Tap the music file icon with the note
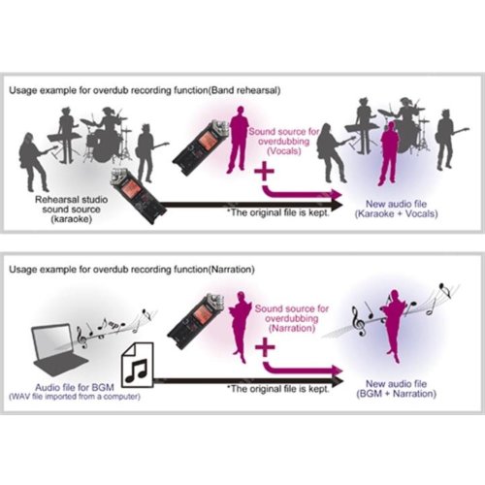click(x=137, y=365)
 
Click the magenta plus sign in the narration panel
click(x=265, y=347)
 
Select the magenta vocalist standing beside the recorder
click(x=239, y=140)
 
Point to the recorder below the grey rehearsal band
click(x=139, y=196)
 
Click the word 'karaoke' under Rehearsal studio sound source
click(x=72, y=219)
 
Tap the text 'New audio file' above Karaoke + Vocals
click(x=396, y=204)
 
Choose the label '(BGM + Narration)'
click(x=396, y=394)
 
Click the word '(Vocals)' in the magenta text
click(x=284, y=151)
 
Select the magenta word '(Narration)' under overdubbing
click(x=292, y=328)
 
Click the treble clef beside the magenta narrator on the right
click(x=359, y=321)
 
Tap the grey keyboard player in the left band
click(x=66, y=136)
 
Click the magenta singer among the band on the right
click(x=389, y=153)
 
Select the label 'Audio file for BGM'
click(x=75, y=387)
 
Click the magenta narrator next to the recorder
click(x=241, y=327)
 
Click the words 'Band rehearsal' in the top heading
click(x=244, y=90)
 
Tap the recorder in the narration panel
click(x=196, y=321)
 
